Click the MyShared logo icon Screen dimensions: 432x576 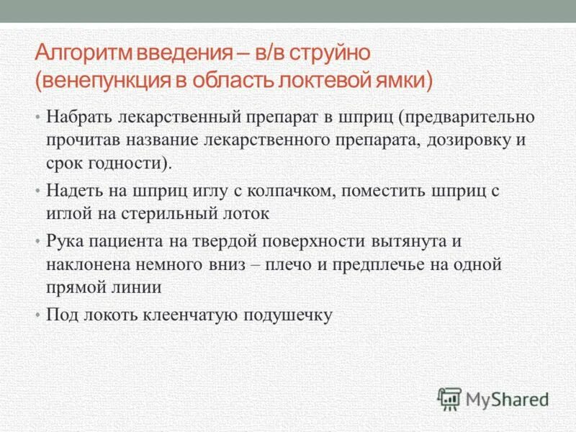click(449, 398)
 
